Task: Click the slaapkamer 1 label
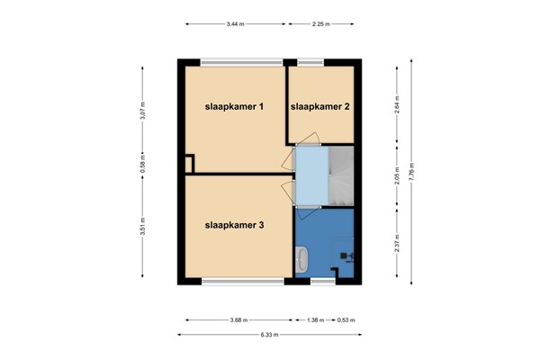(234, 107)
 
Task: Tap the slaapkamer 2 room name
(319, 107)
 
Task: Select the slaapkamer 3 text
(234, 225)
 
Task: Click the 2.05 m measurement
(396, 176)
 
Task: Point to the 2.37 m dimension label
(396, 243)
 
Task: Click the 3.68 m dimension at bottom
(238, 319)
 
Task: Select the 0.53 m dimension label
(345, 319)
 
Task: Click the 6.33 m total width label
(271, 335)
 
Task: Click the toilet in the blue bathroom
(301, 260)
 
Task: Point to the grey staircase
(342, 175)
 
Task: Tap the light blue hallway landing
(310, 176)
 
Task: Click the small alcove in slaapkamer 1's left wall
(189, 164)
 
